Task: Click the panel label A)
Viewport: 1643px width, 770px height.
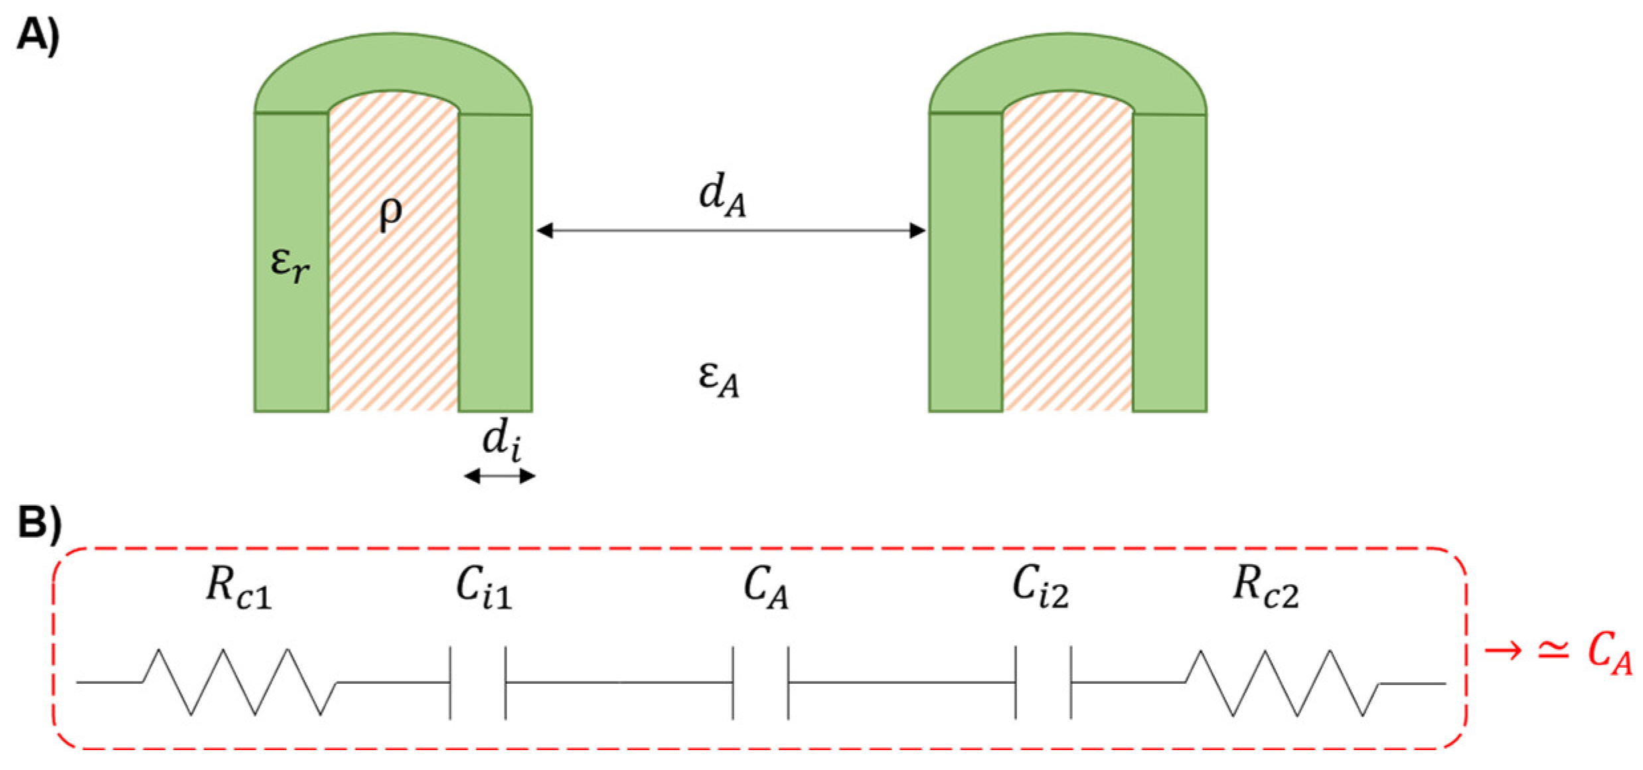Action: pos(38,34)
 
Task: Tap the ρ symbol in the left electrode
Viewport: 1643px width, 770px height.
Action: pos(391,214)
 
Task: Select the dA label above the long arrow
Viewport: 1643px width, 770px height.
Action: pos(723,198)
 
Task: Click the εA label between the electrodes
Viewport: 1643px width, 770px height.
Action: pos(719,379)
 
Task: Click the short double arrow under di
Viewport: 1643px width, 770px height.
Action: pos(500,476)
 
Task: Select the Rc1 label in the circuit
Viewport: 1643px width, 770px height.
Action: pos(238,589)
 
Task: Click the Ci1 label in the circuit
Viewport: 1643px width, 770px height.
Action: pos(484,589)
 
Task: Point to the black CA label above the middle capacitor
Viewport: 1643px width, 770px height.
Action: pos(765,589)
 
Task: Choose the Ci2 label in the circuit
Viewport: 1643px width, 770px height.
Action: pos(1040,589)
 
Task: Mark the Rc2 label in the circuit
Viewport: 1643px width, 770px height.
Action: pos(1265,589)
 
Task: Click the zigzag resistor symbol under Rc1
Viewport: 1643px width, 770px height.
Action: pos(239,682)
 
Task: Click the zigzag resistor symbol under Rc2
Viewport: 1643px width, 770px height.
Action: pos(1281,683)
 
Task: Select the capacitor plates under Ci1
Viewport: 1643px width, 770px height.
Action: pos(478,682)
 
